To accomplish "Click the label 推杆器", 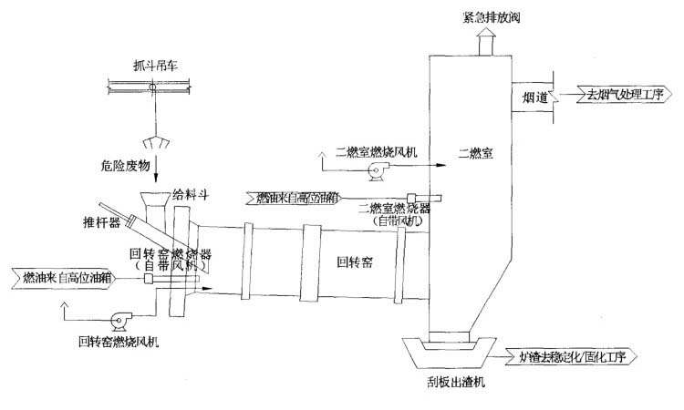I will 101,220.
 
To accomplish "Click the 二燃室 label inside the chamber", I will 474,153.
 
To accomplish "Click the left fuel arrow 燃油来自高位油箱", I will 59,275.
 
